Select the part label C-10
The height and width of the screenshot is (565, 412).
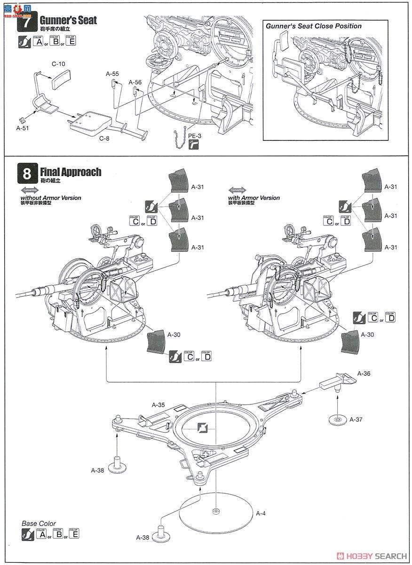(x=58, y=64)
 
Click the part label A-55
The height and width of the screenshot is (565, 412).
(x=112, y=73)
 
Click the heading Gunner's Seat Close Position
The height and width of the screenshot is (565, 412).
(x=314, y=26)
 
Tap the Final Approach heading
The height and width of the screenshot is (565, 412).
(x=71, y=172)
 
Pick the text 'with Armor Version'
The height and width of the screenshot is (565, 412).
(x=254, y=198)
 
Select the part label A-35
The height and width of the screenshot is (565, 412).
(x=158, y=404)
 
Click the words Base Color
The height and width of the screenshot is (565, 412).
(x=39, y=523)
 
